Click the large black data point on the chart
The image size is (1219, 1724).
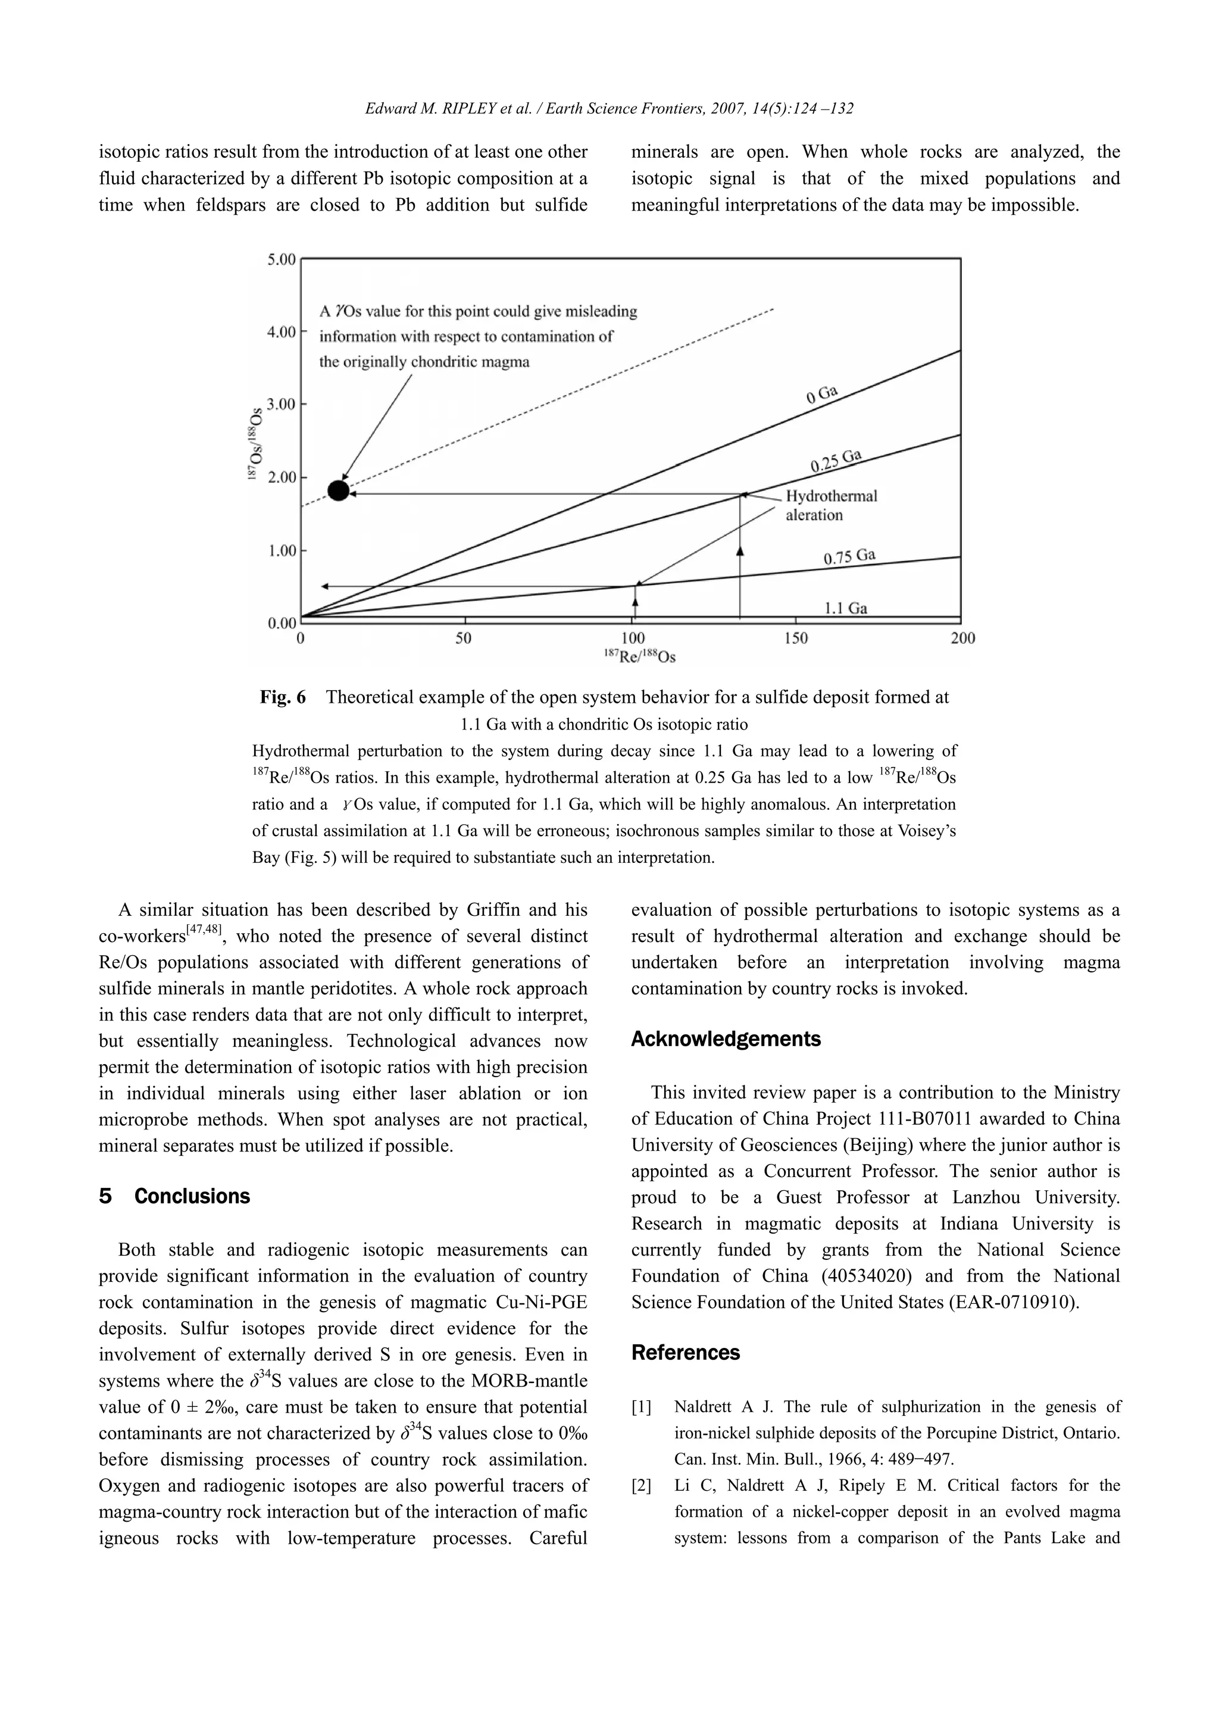[339, 490]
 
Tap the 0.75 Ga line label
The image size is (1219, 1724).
[849, 556]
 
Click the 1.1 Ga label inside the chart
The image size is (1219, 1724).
[846, 608]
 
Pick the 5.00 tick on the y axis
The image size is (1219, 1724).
[282, 260]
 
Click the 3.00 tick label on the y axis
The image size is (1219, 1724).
[282, 405]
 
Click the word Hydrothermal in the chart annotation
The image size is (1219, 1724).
[831, 496]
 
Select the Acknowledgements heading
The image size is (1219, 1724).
[726, 1039]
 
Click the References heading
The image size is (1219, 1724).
[685, 1352]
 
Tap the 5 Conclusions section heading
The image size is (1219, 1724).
[174, 1196]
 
